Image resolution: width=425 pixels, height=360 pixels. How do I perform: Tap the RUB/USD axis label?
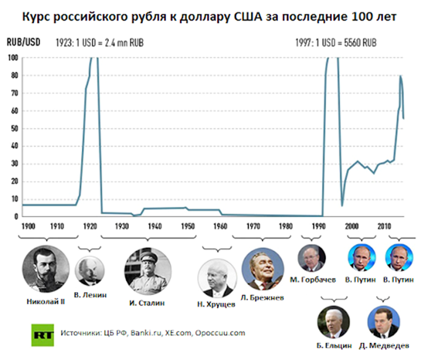(x=21, y=42)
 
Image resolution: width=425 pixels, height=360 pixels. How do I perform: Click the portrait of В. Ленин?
(x=89, y=271)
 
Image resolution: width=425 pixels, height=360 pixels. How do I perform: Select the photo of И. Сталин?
(x=147, y=271)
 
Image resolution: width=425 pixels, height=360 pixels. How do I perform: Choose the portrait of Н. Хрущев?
(x=217, y=278)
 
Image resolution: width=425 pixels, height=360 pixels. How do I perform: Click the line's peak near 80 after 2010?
(x=401, y=76)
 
